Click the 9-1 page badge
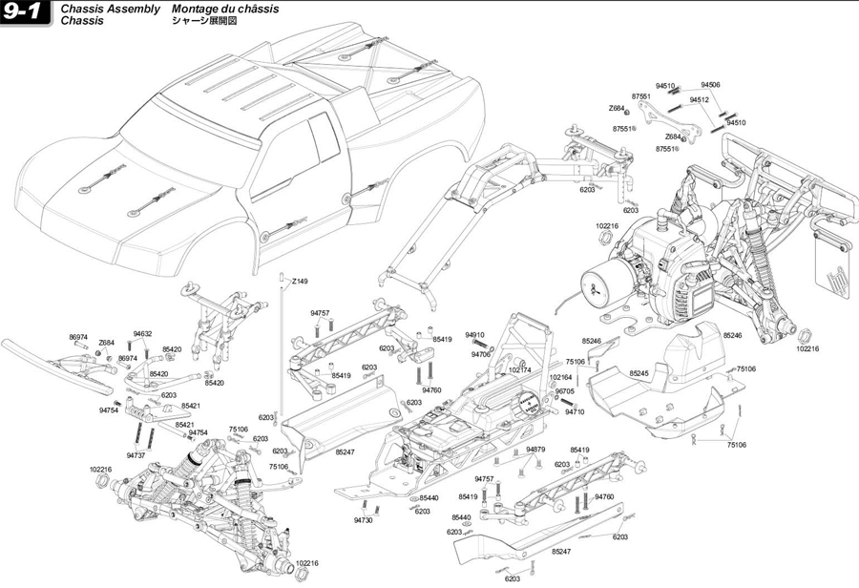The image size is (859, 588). point(25,13)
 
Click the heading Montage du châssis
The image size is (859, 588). point(225,9)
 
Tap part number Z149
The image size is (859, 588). point(301,282)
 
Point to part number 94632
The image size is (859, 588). point(143,334)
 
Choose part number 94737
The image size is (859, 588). point(136,455)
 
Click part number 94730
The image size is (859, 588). point(363,520)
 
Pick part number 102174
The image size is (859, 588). point(520,369)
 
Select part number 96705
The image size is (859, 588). point(565,391)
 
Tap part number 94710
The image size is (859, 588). point(574,411)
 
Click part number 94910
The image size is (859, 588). point(475,335)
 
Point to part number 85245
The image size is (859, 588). point(639,373)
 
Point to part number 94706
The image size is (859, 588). point(480,354)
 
